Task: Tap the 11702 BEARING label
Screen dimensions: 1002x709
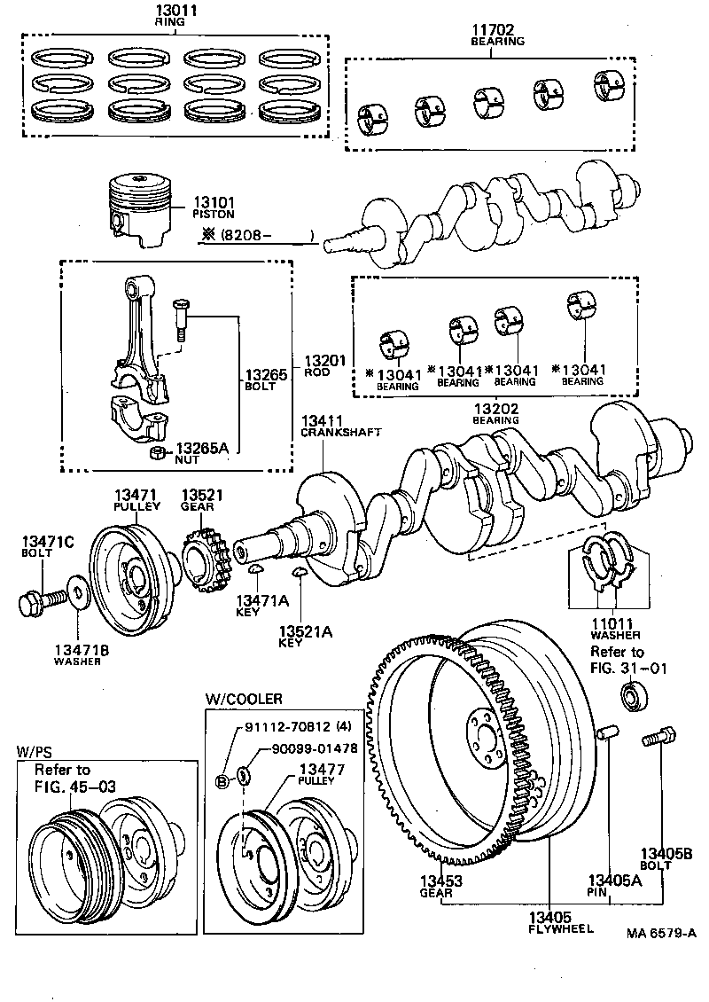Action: click(x=497, y=35)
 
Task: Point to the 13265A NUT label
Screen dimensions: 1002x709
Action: click(x=201, y=455)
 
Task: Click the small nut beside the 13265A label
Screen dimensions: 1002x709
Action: click(x=157, y=453)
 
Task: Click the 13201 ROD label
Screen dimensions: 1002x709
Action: click(x=323, y=366)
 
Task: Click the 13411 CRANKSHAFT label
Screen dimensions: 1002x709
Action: click(x=340, y=425)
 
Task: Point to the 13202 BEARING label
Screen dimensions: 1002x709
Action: click(x=496, y=413)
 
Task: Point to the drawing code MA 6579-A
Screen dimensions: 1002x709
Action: click(x=660, y=934)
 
